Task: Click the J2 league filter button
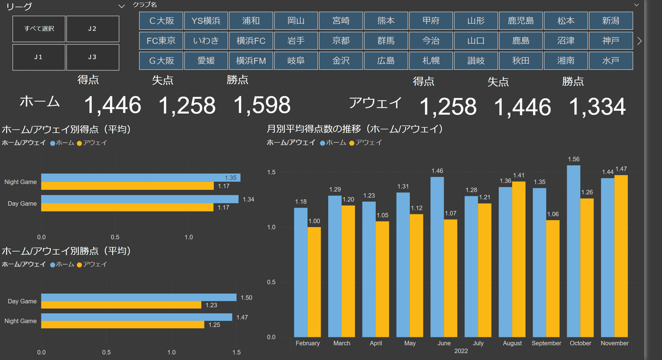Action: coord(93,29)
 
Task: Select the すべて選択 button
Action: coord(39,29)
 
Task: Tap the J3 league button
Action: coord(93,57)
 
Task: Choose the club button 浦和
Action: coord(251,21)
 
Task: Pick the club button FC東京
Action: coord(161,41)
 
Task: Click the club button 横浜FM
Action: coord(251,61)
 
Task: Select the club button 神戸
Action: coord(610,41)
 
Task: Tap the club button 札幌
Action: coord(431,61)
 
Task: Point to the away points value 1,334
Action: coord(597,106)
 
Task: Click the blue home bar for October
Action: coord(574,251)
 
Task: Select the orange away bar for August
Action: coord(519,259)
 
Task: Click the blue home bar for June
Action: coord(437,256)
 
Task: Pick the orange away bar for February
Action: coord(314,282)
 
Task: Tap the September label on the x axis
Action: coord(546,343)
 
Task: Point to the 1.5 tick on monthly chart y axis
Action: coord(271,173)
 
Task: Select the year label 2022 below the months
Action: coord(461,351)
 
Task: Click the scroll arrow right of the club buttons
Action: coord(639,41)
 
